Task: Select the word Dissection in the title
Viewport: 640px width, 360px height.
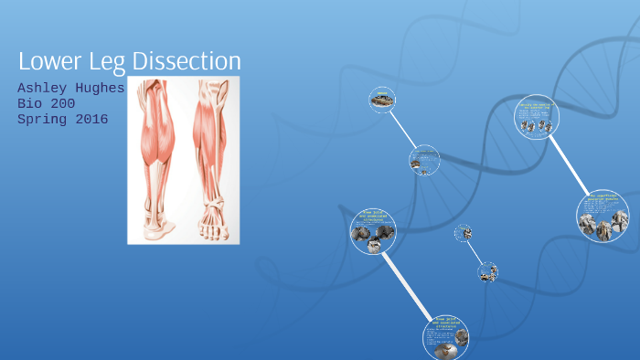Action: (x=187, y=61)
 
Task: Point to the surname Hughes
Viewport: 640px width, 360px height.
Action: (x=102, y=88)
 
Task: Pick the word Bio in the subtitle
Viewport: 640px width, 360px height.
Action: (x=30, y=103)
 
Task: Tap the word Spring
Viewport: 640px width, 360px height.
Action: (x=42, y=119)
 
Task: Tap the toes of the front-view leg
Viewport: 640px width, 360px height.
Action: (x=214, y=233)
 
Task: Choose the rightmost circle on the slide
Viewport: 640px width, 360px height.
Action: (x=603, y=217)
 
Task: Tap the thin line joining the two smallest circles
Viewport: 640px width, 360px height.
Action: (x=475, y=252)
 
